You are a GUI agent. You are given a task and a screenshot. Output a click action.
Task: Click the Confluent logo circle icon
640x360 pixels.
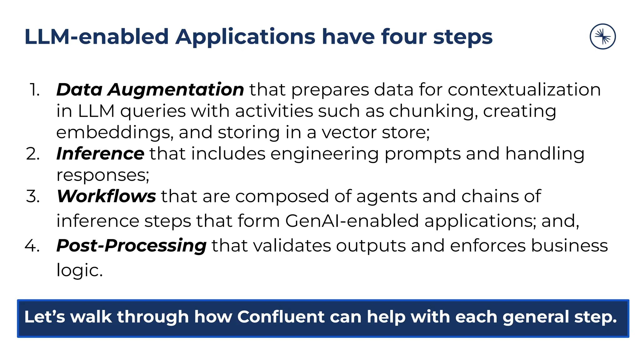click(x=602, y=37)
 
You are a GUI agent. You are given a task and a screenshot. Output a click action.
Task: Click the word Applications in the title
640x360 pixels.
click(x=245, y=37)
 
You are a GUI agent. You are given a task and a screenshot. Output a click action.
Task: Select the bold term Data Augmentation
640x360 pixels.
click(x=150, y=90)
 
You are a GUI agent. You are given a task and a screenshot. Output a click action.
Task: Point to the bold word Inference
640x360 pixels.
click(x=100, y=154)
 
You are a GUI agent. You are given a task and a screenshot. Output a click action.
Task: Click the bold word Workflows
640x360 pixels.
click(x=106, y=196)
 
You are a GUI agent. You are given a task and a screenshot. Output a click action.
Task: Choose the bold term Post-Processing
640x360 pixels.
click(x=131, y=246)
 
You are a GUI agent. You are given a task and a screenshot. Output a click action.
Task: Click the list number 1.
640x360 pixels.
click(x=34, y=90)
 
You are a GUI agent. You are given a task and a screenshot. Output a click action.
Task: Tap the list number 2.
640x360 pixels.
click(x=33, y=154)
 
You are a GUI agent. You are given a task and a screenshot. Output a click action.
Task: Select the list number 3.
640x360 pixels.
click(x=33, y=197)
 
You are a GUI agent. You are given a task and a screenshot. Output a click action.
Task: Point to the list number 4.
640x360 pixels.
click(x=32, y=246)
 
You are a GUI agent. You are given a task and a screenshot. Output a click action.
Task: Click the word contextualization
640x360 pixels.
click(x=524, y=90)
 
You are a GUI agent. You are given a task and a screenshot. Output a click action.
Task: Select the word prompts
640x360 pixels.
click(x=422, y=154)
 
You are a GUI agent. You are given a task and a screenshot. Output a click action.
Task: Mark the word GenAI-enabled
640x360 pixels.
click(x=352, y=221)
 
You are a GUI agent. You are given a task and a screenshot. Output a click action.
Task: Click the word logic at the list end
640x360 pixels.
click(x=79, y=270)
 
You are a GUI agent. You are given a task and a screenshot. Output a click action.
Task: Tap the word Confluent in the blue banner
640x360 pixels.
click(x=281, y=317)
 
